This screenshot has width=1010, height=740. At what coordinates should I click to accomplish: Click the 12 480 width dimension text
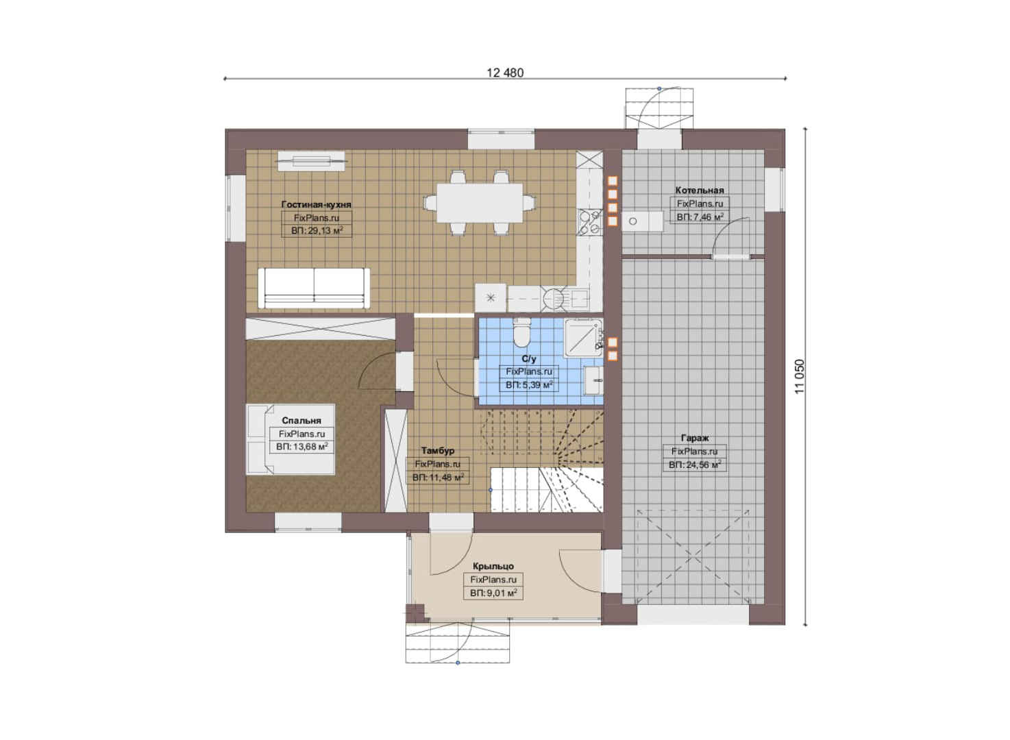(x=505, y=73)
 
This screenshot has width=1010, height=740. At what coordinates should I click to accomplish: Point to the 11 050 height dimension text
(x=800, y=377)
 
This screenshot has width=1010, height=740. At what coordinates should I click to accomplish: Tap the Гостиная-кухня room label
(x=316, y=204)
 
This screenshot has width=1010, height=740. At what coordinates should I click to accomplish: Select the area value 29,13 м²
(x=317, y=231)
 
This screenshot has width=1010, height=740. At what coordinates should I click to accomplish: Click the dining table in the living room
(x=480, y=203)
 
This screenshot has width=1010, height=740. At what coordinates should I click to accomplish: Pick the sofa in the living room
(x=314, y=288)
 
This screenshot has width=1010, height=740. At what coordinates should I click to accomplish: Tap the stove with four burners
(x=590, y=222)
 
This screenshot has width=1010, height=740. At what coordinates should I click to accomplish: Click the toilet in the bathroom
(x=522, y=332)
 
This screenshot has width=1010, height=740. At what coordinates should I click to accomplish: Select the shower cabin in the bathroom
(x=583, y=338)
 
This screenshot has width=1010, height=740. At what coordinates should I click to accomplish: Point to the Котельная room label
(x=700, y=190)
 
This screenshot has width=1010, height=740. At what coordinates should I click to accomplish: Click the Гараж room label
(x=695, y=438)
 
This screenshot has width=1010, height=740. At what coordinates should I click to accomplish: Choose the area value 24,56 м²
(x=695, y=465)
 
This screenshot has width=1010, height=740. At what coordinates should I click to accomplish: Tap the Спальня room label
(x=301, y=420)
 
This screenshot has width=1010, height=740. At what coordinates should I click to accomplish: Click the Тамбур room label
(x=438, y=450)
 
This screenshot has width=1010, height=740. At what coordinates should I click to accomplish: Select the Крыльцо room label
(x=493, y=566)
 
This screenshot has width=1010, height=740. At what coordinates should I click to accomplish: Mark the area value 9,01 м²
(x=493, y=593)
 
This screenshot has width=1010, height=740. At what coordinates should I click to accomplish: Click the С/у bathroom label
(x=529, y=359)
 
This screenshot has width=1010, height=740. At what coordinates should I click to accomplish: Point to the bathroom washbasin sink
(x=593, y=380)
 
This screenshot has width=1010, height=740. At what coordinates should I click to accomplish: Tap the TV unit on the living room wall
(x=311, y=161)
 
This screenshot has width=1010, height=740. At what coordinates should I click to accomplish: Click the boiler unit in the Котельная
(x=643, y=221)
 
